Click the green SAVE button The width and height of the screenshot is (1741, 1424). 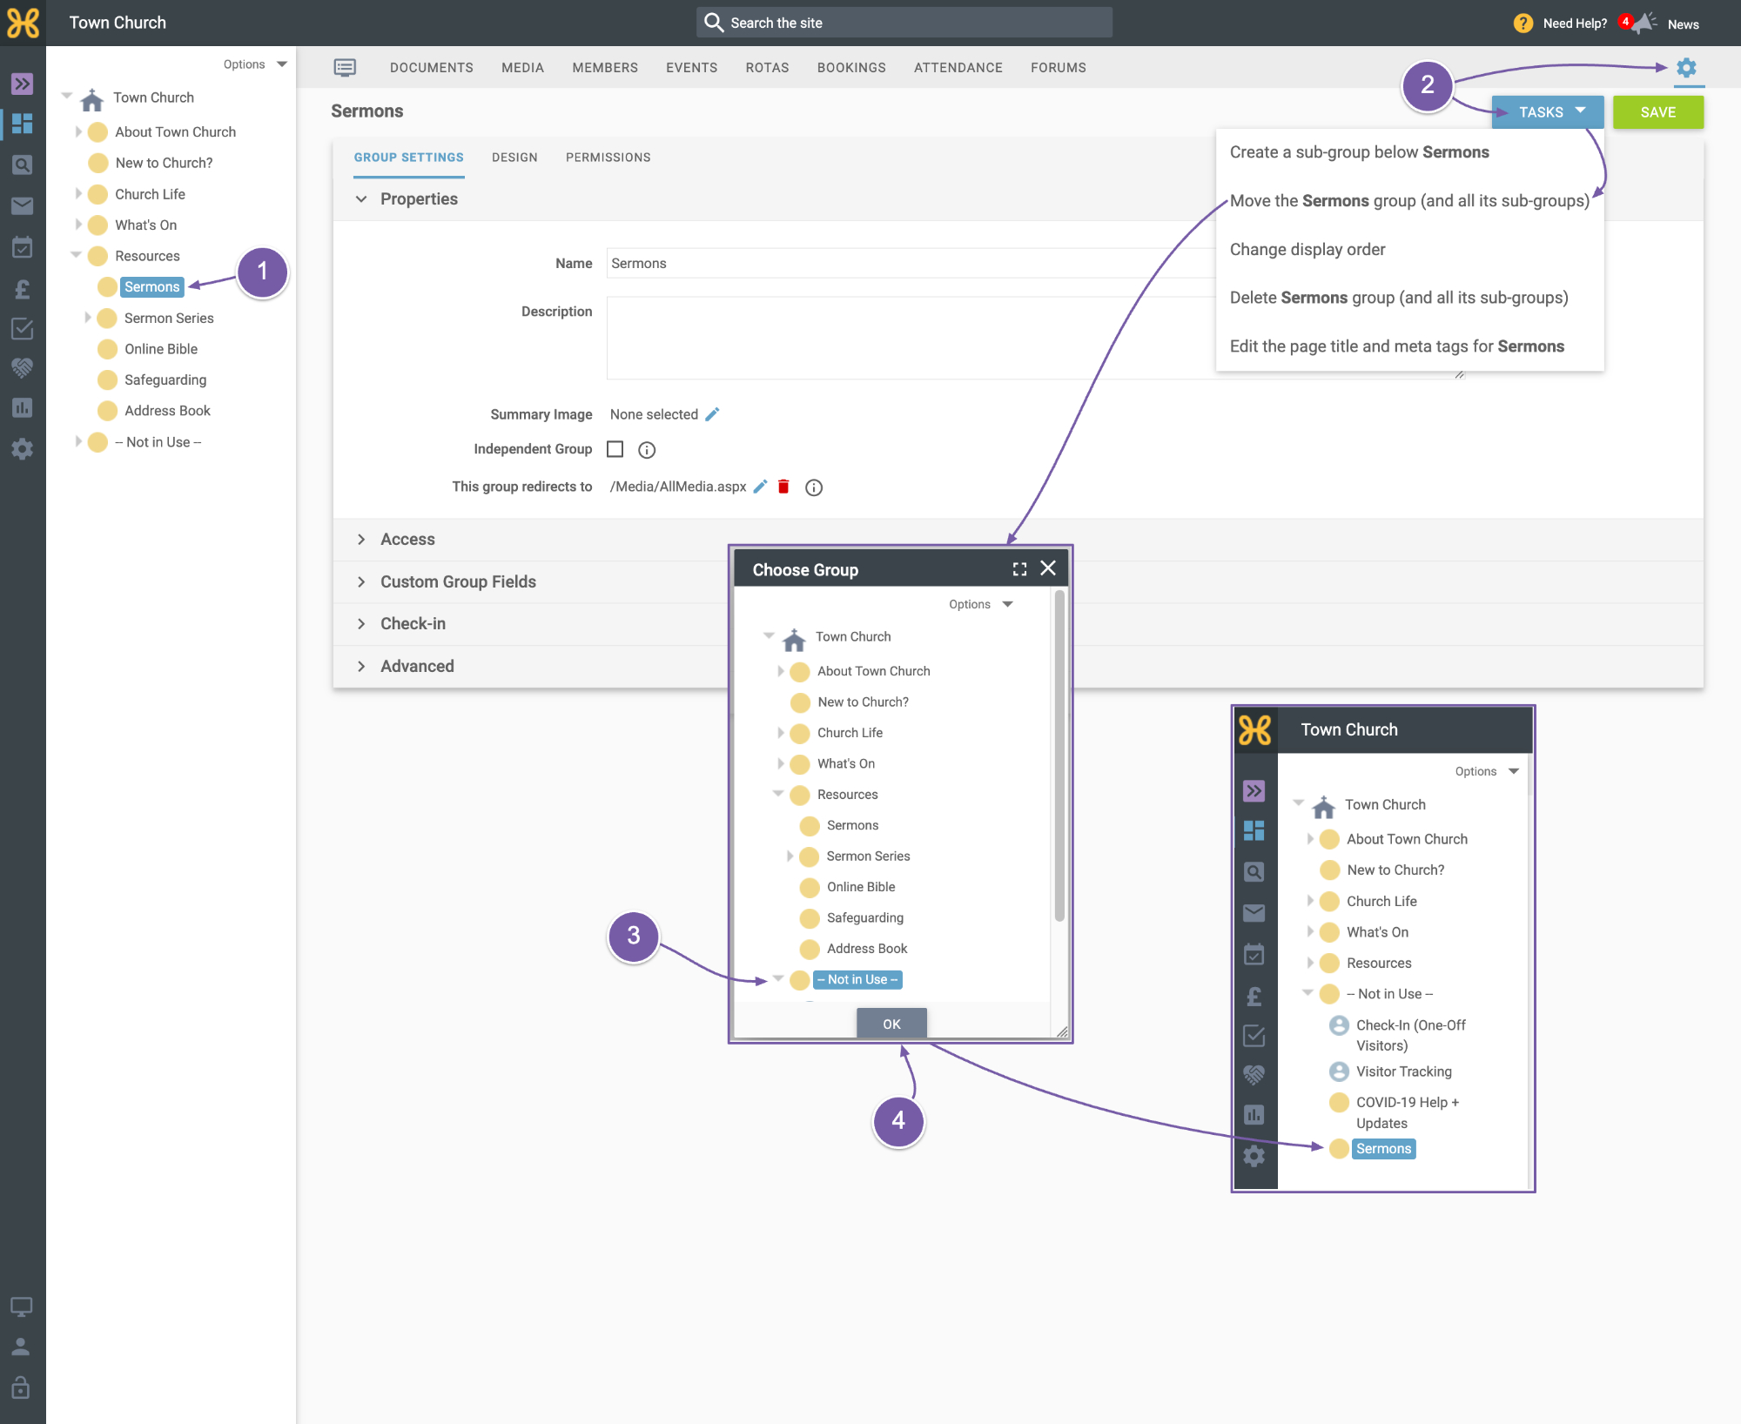[x=1657, y=112]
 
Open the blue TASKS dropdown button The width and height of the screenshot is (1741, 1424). [x=1548, y=112]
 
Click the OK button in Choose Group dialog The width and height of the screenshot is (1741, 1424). [x=891, y=1024]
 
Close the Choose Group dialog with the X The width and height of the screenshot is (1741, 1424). [x=1048, y=568]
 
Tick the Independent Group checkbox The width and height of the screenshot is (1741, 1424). [x=615, y=449]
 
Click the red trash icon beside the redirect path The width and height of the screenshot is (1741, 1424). [x=783, y=487]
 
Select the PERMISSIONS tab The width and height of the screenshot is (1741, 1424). [x=608, y=158]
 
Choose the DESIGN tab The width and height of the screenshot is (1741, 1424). [x=514, y=158]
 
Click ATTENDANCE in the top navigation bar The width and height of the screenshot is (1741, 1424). [x=958, y=68]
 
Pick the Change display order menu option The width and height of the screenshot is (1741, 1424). [x=1307, y=250]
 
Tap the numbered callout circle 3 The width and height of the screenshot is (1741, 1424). [x=634, y=936]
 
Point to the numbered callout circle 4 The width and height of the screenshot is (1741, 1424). [x=898, y=1121]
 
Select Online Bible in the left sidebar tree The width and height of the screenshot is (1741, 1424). [x=161, y=349]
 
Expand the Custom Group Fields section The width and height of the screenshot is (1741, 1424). [x=458, y=581]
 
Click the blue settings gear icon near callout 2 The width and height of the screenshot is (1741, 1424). [x=1686, y=68]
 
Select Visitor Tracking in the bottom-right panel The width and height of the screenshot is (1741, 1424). [x=1403, y=1071]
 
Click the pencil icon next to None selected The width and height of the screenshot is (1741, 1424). [x=712, y=414]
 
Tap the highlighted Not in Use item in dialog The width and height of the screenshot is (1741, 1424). [x=857, y=979]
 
